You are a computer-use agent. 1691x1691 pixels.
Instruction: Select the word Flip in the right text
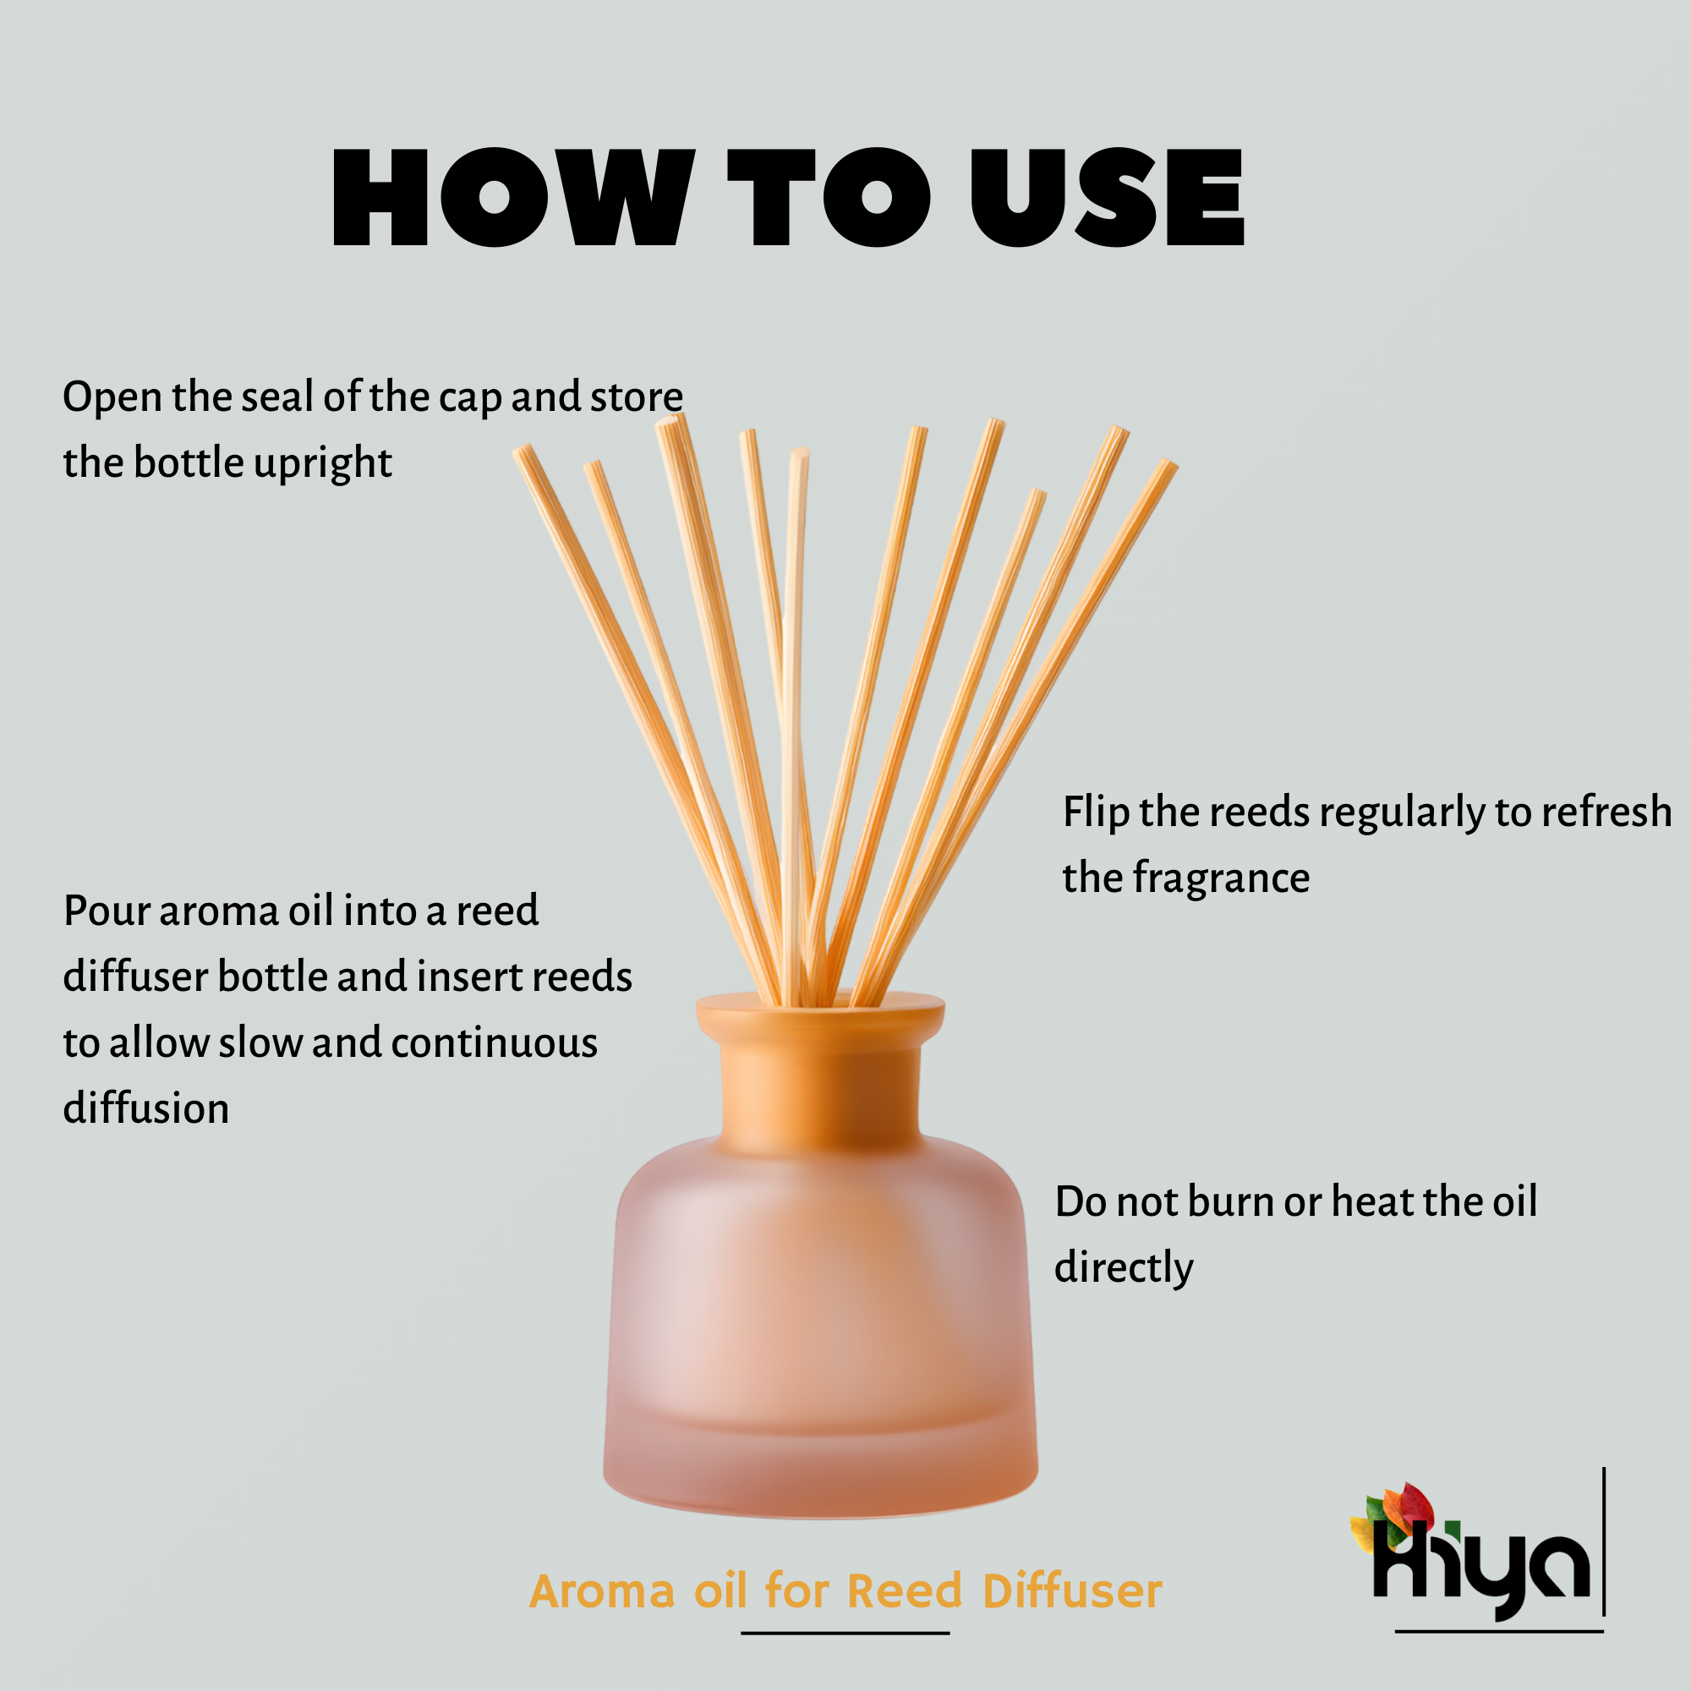pyautogui.click(x=1096, y=813)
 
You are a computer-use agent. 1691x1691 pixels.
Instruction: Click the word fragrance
pyautogui.click(x=1221, y=878)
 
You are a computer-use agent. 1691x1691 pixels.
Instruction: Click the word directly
pyautogui.click(x=1123, y=1269)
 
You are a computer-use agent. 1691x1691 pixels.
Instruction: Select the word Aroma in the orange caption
pyautogui.click(x=602, y=1590)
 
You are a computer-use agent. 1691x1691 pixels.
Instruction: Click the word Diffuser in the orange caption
pyautogui.click(x=1072, y=1590)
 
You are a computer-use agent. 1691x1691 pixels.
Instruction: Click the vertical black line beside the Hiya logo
pyautogui.click(x=1603, y=1541)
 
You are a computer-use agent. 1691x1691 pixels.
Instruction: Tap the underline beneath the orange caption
pyautogui.click(x=845, y=1633)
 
